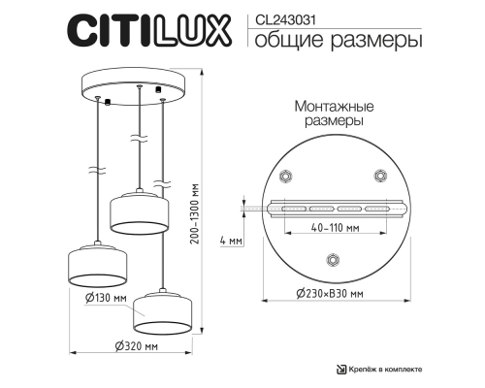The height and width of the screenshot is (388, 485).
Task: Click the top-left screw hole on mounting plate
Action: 285,176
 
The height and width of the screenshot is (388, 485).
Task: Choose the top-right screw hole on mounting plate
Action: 379,176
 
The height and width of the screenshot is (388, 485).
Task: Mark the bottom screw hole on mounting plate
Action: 333,258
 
